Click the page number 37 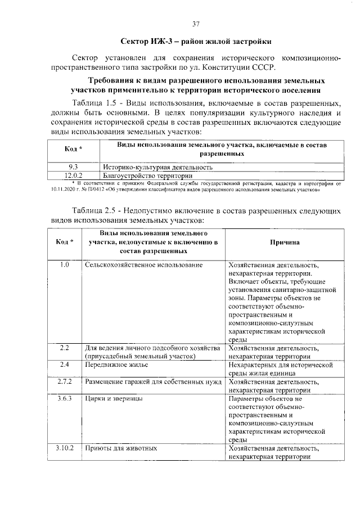(196, 24)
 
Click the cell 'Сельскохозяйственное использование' (143, 265)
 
